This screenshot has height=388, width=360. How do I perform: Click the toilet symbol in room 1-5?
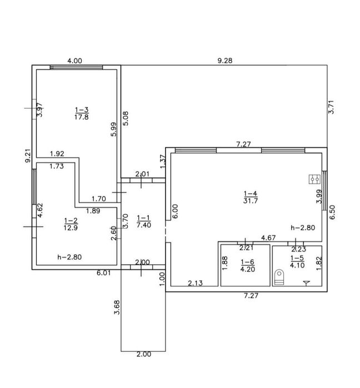coord(279,277)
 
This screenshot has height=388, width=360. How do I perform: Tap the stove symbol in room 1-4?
coord(314,179)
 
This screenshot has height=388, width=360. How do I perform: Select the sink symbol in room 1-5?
coord(307,283)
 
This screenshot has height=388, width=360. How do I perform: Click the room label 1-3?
coord(82,109)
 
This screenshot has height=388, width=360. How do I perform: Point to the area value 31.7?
coord(251,201)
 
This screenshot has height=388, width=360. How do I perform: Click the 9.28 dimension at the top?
coord(225,61)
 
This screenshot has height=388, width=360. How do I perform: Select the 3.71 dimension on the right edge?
coord(331,107)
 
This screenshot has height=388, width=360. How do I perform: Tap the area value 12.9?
coord(71,228)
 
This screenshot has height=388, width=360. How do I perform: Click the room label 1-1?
coord(143,218)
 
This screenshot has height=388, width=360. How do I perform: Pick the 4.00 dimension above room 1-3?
coord(75,61)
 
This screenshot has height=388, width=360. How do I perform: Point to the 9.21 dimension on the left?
coord(28,155)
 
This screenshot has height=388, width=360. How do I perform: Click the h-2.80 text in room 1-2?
coord(69,257)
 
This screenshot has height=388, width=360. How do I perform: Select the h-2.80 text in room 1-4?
coord(303,228)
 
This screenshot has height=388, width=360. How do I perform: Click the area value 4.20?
coord(248,269)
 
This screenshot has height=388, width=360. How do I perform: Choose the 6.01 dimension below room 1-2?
coord(103,273)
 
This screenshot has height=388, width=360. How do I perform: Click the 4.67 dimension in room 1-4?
coord(268,238)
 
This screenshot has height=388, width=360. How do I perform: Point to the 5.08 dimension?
coord(126,119)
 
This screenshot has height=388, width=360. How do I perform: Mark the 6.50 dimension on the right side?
coord(332,212)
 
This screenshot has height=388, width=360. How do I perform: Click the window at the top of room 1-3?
coord(76,67)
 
